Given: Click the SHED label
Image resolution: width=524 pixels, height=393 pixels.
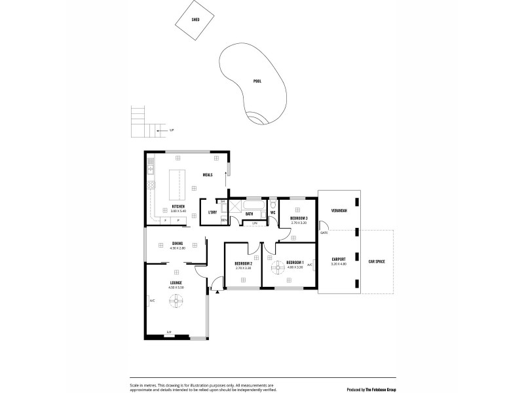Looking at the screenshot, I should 195,20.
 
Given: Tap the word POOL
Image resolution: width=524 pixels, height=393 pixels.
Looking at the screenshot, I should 257,81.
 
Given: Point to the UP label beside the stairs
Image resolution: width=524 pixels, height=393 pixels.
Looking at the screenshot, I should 171,131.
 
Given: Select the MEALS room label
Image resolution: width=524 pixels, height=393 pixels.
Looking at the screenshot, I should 208,174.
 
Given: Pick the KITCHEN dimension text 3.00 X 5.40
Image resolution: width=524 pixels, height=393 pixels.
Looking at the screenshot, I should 178,211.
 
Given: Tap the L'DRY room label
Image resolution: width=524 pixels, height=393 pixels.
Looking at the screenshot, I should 212,212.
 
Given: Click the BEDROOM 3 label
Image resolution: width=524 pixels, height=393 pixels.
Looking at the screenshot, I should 299,218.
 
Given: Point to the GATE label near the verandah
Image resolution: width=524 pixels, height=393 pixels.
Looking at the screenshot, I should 324,233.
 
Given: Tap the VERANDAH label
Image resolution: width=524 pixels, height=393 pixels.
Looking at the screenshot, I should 339,210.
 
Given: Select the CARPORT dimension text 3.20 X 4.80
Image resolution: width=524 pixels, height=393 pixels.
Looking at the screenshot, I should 339,264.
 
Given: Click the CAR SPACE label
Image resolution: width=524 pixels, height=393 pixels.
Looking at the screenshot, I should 376,261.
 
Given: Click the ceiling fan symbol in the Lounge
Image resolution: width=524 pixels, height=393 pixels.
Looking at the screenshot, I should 177,301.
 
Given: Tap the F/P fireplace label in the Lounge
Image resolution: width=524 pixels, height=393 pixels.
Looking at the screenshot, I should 169,332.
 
